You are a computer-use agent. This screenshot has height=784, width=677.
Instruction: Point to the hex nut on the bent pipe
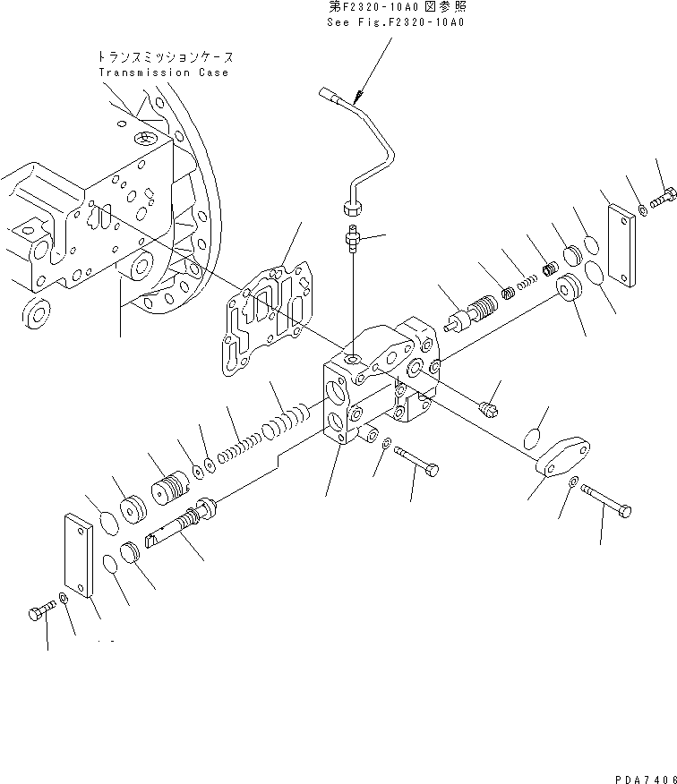[x=351, y=209]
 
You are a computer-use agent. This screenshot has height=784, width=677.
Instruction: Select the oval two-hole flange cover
[x=562, y=457]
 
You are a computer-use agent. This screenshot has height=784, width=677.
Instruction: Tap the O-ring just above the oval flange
[x=534, y=437]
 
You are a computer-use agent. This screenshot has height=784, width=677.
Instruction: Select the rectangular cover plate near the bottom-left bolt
[x=79, y=555]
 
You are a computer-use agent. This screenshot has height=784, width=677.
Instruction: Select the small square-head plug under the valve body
[x=489, y=409]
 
